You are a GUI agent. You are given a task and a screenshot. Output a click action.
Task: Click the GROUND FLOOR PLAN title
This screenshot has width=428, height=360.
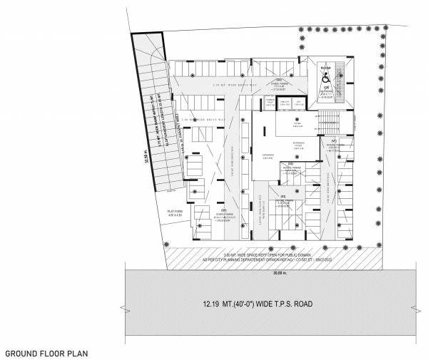(46, 353)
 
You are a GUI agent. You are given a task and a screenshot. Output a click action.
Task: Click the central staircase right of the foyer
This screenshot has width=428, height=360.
(330, 118)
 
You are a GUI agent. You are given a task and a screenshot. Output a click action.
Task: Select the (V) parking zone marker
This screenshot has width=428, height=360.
(283, 195)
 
